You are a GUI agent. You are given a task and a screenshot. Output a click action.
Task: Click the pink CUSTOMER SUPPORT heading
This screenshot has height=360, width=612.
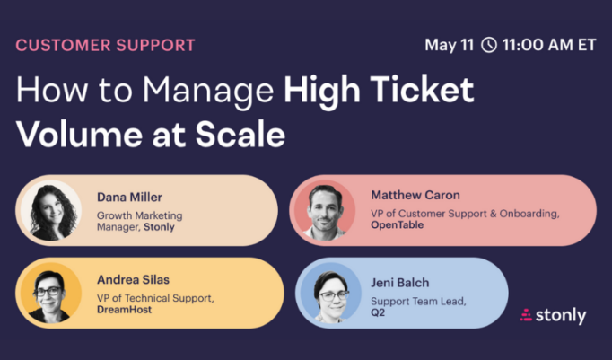coord(105,44)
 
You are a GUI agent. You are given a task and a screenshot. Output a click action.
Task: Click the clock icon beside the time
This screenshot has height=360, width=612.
coord(488,45)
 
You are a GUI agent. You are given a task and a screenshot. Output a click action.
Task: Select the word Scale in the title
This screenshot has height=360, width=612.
coord(240,136)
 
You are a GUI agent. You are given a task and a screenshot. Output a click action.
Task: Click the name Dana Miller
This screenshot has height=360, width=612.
coord(131,197)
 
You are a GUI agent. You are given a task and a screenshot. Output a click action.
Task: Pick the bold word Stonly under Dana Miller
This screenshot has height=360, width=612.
coord(158,227)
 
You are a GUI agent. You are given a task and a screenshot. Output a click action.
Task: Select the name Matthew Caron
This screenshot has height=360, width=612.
coord(415,195)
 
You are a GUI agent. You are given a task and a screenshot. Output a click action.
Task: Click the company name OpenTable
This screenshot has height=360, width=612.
coord(398,225)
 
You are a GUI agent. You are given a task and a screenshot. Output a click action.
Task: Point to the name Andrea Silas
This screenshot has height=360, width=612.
coord(133,278)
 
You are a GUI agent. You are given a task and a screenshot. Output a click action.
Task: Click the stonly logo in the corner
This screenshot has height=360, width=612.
coord(554,315)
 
